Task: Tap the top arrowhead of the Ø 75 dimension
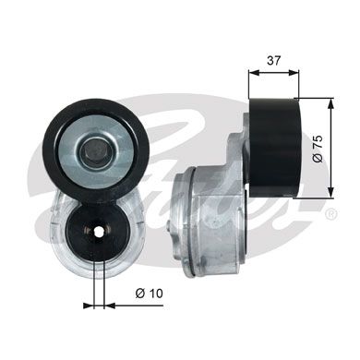(330, 97)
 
